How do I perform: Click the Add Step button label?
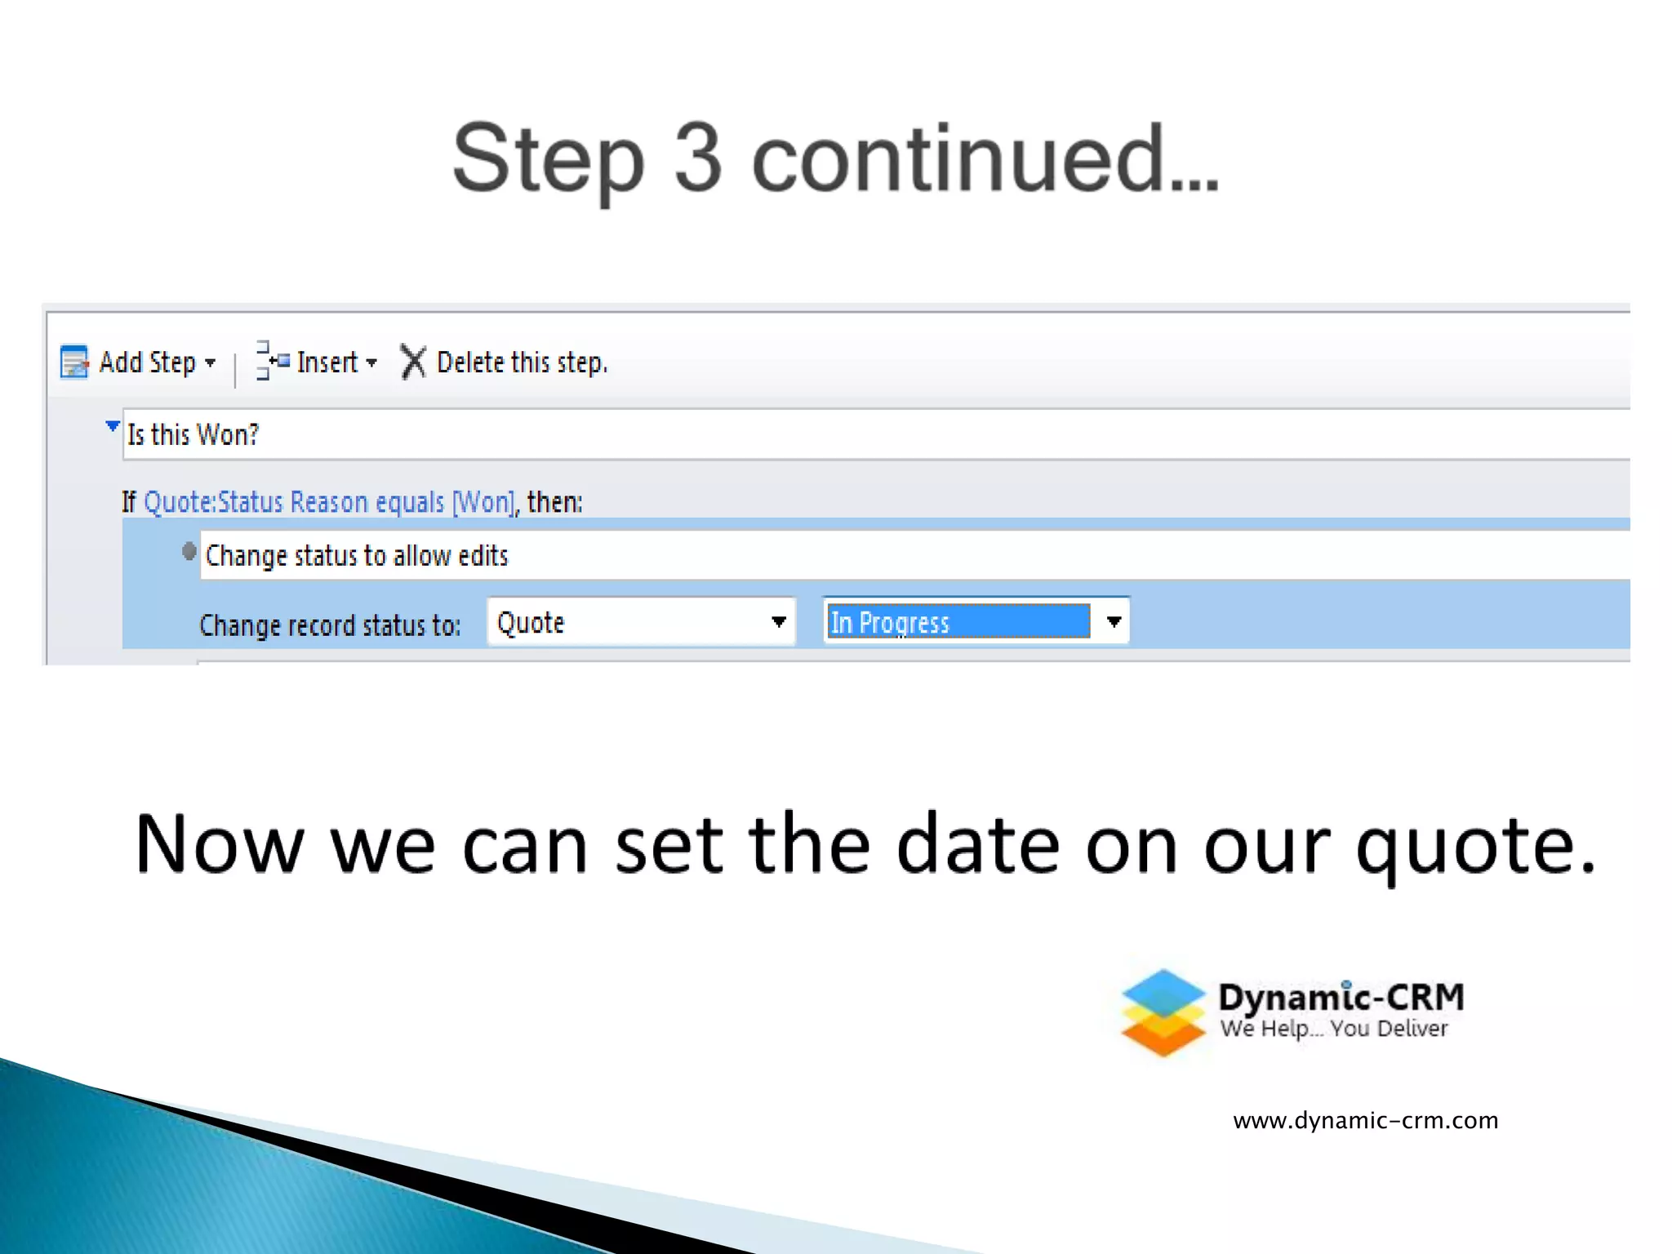point(148,362)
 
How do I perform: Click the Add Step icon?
point(74,362)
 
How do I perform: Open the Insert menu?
point(327,362)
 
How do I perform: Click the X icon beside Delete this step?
point(413,362)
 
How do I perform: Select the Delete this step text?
point(522,362)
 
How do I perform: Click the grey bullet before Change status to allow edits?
point(189,553)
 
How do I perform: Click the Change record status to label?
point(330,625)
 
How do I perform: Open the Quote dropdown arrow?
point(779,622)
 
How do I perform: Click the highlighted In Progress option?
point(957,622)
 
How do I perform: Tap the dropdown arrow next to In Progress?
point(1114,622)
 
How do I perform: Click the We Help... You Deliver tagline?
point(1334,1029)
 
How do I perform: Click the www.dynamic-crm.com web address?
point(1365,1121)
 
